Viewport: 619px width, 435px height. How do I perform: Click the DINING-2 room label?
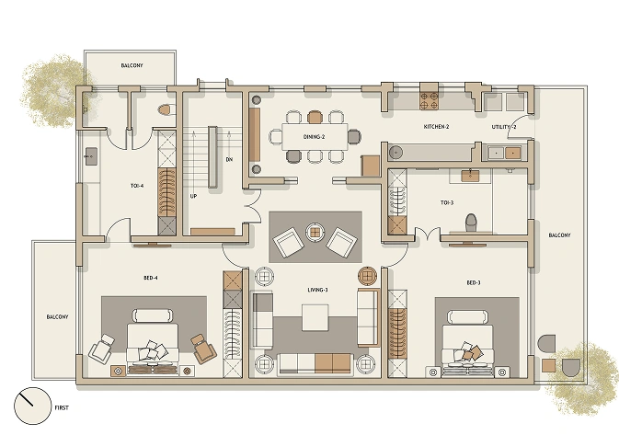point(314,137)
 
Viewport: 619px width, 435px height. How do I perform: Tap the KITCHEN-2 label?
point(436,127)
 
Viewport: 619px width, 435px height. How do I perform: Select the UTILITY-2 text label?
point(504,127)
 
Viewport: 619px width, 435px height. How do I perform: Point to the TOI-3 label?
point(447,203)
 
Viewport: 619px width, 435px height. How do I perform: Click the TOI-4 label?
point(137,186)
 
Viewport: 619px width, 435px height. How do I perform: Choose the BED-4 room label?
point(151,278)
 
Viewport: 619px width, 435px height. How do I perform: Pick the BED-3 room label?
point(474,282)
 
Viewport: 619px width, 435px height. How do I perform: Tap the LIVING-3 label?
point(318,290)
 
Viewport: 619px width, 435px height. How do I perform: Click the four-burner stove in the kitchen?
point(430,100)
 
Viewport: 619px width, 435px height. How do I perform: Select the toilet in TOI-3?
point(471,223)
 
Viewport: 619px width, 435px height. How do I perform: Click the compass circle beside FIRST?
point(33,406)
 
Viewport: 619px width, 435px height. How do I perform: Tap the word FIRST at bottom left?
point(62,407)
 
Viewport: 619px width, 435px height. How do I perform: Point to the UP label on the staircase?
point(193,196)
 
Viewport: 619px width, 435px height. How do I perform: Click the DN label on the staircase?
point(229,160)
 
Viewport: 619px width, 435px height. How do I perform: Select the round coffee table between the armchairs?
point(315,233)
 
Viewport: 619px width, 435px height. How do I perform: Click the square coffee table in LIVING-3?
point(315,317)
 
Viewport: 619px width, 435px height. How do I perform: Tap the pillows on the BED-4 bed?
point(152,350)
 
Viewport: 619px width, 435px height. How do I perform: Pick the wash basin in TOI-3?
point(470,176)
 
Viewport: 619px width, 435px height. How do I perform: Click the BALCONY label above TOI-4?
point(132,65)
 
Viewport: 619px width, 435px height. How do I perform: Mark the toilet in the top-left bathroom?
point(166,109)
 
